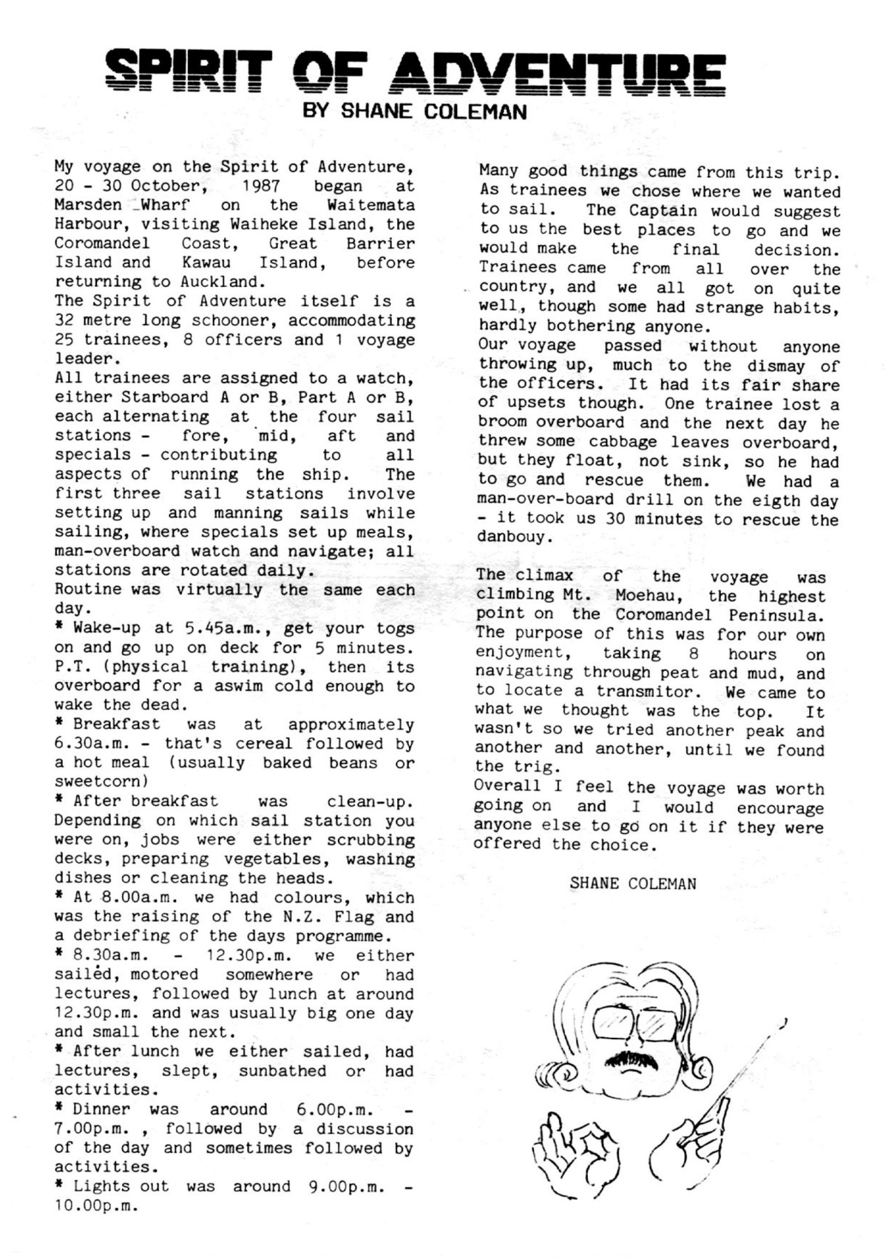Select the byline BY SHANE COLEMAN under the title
pos(414,112)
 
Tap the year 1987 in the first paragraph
pos(260,186)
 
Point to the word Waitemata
pos(370,206)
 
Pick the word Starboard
pos(165,397)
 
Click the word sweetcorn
pos(101,781)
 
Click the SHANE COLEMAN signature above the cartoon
pos(632,883)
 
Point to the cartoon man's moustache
pos(632,1060)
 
